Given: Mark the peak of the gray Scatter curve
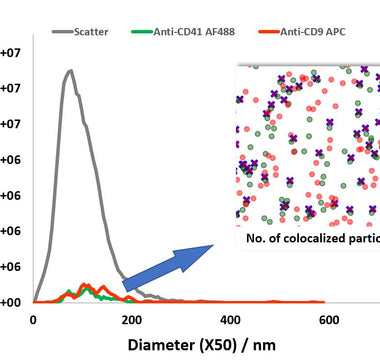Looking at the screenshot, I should [x=70, y=71].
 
